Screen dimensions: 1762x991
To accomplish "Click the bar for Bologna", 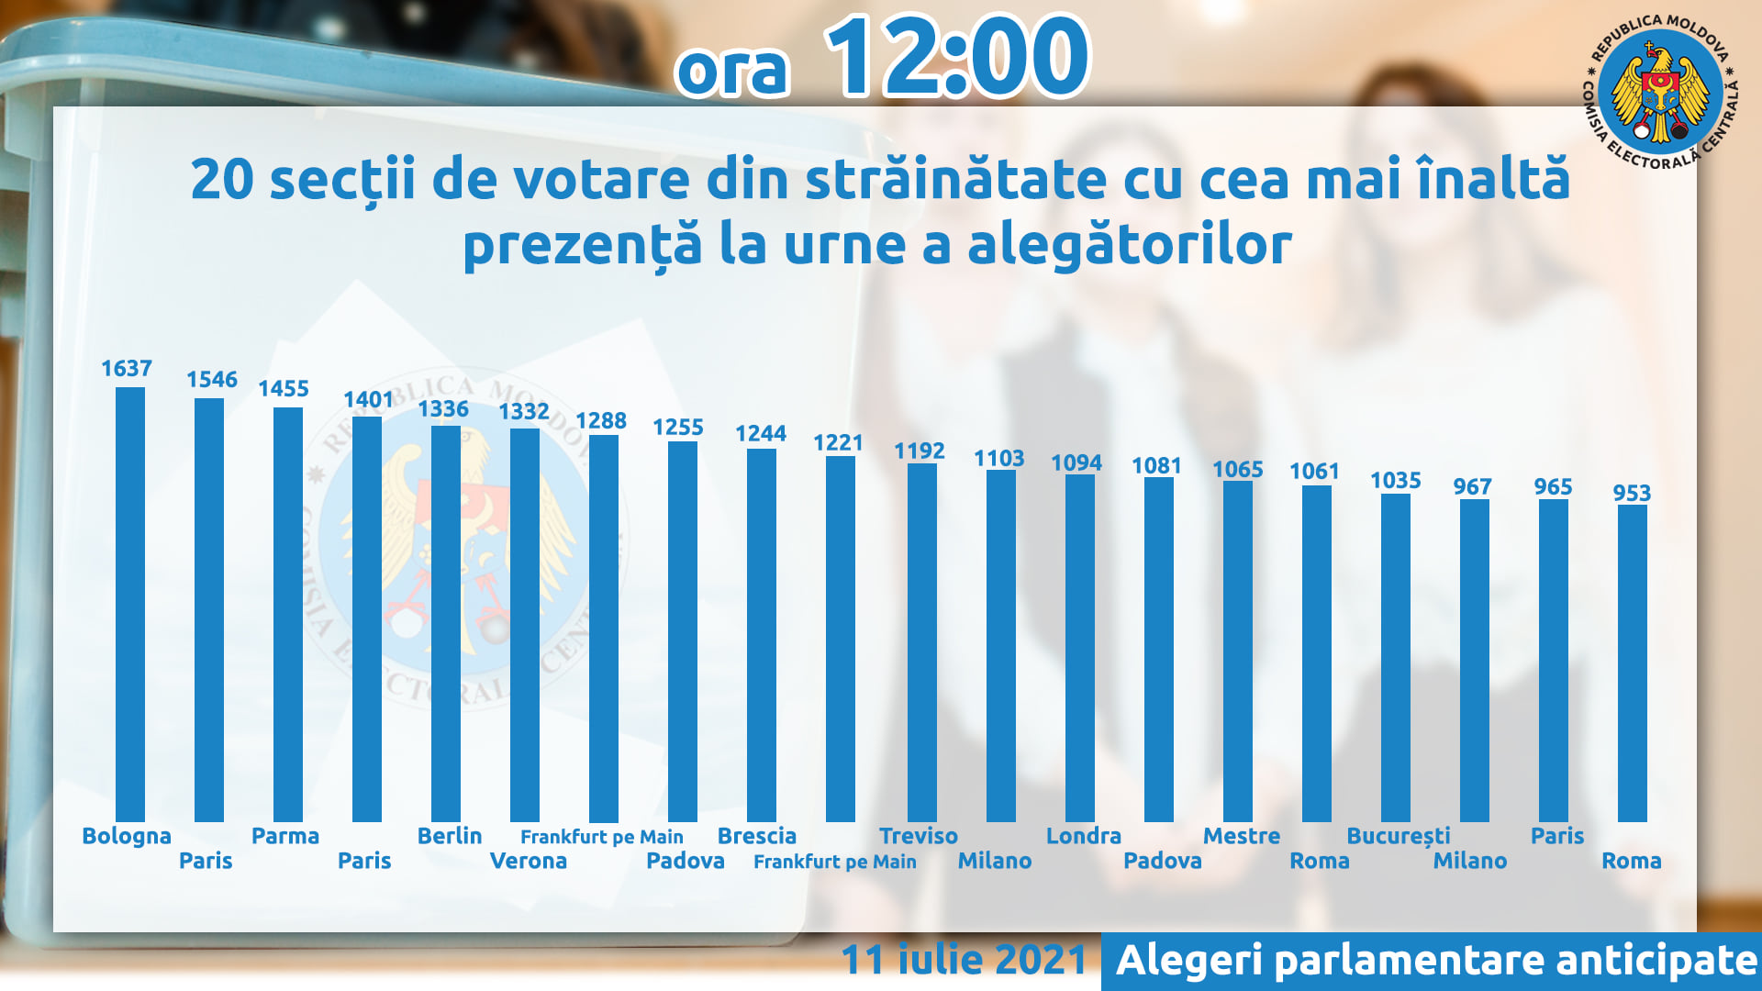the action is (x=130, y=604).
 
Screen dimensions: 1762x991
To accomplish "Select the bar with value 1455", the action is (x=288, y=614).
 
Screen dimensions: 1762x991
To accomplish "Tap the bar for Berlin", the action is (x=446, y=623).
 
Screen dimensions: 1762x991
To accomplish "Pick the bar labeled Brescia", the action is (x=762, y=635).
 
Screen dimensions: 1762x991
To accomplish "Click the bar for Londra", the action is (x=1080, y=648).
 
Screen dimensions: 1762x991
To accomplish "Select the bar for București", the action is (x=1396, y=657).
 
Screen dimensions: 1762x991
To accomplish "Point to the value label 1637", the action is (x=127, y=369).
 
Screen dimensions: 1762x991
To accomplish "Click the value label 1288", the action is (x=601, y=421).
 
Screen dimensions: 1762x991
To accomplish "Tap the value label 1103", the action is (x=999, y=458).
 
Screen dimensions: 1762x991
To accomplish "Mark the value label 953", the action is (x=1633, y=493).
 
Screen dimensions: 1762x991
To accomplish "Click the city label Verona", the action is (x=529, y=861).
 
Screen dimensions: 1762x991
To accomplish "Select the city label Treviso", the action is (x=919, y=836).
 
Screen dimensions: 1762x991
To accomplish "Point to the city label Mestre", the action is (x=1242, y=836).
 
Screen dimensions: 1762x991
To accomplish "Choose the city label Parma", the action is (x=285, y=836).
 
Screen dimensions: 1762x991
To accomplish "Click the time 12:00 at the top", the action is (x=958, y=56).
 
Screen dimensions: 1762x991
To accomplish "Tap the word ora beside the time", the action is (x=733, y=71).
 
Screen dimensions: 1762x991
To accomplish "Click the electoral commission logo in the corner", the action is (x=1660, y=92).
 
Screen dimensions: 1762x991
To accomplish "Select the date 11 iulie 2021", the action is (x=965, y=960).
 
